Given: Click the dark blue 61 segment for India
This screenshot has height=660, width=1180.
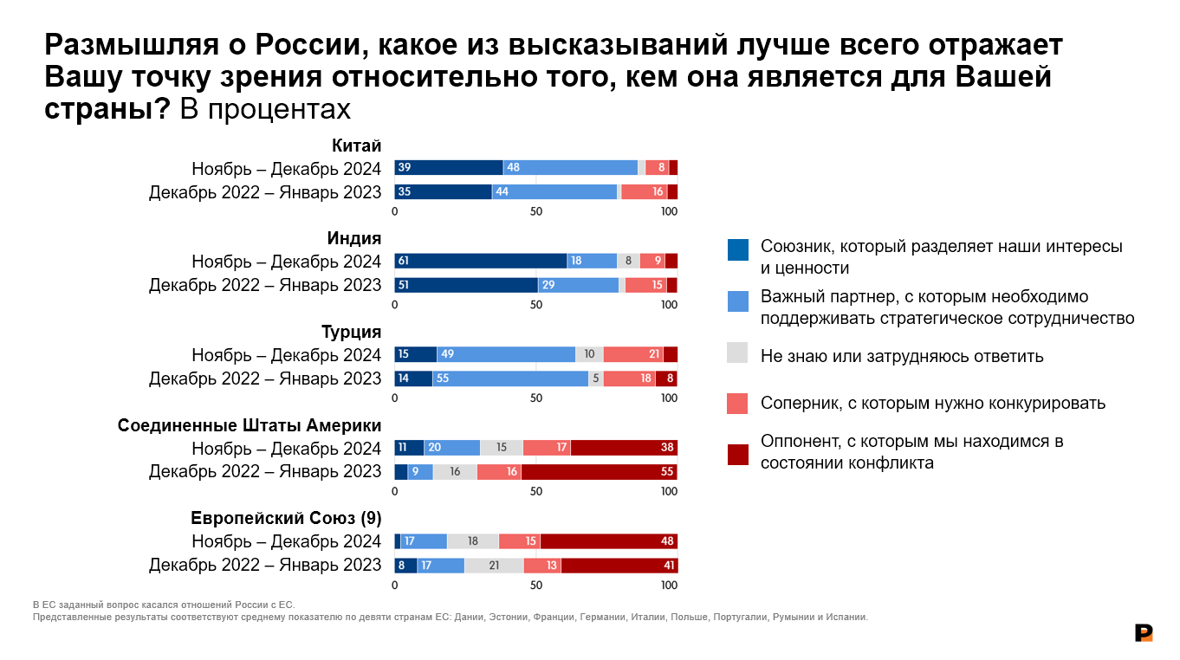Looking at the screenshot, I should [x=480, y=261].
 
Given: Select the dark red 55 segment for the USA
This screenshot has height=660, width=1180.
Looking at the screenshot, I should [x=599, y=471].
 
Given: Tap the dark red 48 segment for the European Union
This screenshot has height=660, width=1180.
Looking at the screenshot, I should [x=608, y=541].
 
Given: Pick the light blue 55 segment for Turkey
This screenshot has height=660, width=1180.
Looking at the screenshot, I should [x=510, y=379].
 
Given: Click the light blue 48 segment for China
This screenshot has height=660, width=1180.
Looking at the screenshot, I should [x=570, y=168].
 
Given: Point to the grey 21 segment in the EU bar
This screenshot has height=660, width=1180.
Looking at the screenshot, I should [x=494, y=565].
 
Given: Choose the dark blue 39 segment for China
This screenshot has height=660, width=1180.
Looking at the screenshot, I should [x=449, y=168].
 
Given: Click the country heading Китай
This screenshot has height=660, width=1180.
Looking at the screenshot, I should [x=356, y=146].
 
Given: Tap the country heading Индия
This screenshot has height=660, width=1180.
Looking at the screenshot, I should [x=353, y=238].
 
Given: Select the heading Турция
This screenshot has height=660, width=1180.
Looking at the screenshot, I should [x=351, y=332].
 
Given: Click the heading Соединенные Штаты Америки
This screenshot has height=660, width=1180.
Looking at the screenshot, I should [x=250, y=425].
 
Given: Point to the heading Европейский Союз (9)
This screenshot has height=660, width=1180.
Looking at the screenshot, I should [x=286, y=518].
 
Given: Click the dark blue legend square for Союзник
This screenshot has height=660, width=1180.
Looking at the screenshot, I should [x=737, y=249].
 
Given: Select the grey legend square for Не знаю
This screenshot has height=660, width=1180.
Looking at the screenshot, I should [x=737, y=353].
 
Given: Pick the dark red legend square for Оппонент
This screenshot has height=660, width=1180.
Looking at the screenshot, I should [x=737, y=455].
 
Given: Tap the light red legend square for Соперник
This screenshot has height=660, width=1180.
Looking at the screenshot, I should [x=737, y=403].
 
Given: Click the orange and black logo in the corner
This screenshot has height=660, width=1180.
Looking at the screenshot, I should [x=1144, y=632].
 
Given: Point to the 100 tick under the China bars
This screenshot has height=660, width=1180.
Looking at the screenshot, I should [x=669, y=211].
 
